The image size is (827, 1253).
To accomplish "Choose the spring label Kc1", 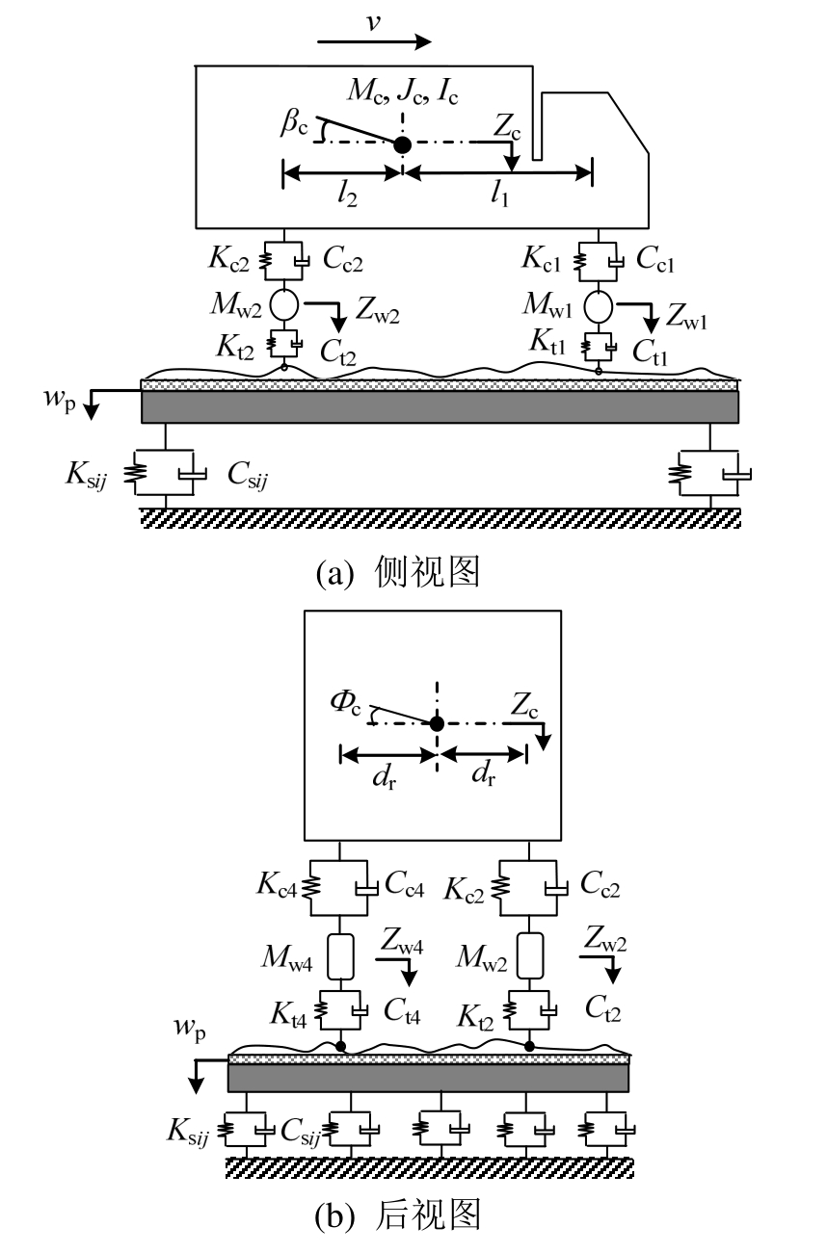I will pos(546,257).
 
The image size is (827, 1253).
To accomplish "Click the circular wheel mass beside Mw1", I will pos(599,305).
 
